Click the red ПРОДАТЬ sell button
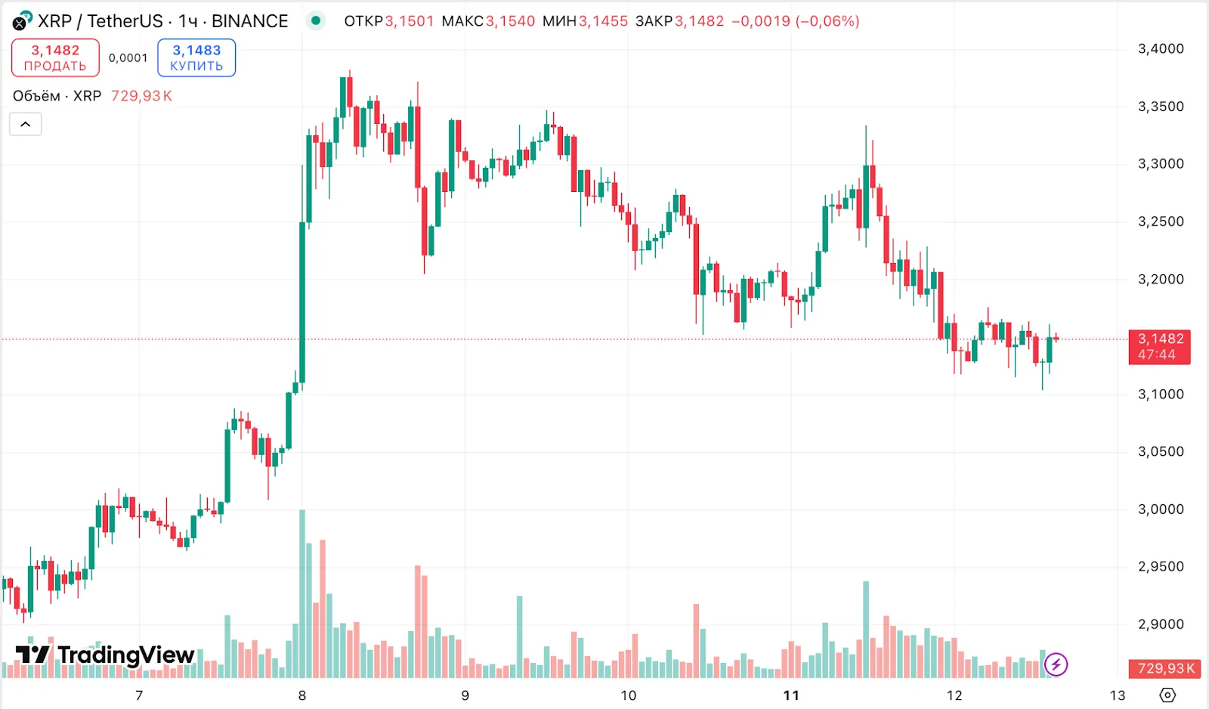[55, 58]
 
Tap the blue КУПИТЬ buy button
[196, 58]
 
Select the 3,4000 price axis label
[1161, 49]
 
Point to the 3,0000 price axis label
[1161, 509]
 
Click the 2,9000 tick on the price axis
[1161, 624]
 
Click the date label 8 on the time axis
[302, 695]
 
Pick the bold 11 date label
[791, 695]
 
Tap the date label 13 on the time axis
[1118, 695]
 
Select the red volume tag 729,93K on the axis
[1166, 669]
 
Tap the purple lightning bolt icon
[1056, 665]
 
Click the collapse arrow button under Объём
[26, 124]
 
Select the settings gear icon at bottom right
[1167, 695]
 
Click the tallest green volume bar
[302, 593]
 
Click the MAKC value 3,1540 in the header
[510, 21]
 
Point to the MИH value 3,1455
[603, 21]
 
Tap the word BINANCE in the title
[249, 21]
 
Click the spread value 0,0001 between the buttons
[128, 58]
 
